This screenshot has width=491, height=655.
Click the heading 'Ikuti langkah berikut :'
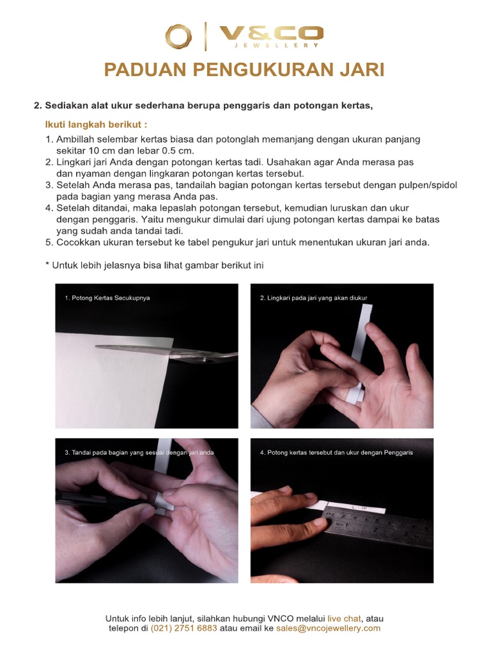point(96,123)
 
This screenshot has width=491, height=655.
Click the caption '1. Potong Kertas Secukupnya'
point(107,298)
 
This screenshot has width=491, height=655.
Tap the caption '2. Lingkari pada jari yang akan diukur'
point(314,298)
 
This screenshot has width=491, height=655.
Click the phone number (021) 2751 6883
point(184,628)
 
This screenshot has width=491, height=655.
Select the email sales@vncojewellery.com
point(328,628)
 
